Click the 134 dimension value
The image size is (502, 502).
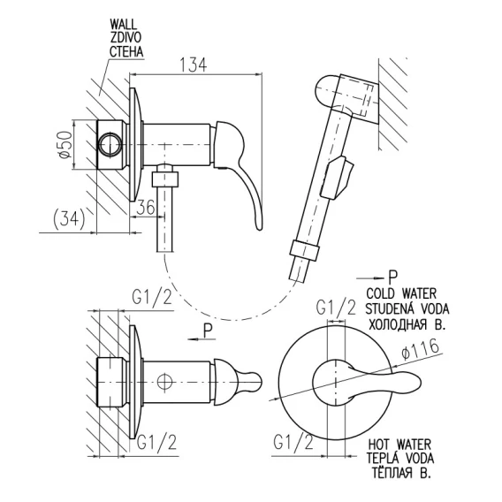point(193,65)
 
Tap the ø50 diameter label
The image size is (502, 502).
point(65,144)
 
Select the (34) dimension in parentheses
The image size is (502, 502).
point(69,219)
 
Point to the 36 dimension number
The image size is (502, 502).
point(146,207)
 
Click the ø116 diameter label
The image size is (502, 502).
point(420,350)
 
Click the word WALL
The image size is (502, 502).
point(123,25)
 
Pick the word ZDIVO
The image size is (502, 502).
point(125,38)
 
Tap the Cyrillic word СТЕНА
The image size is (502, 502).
point(126,51)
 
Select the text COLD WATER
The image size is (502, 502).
point(401,293)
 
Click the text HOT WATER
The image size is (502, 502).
point(399,445)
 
